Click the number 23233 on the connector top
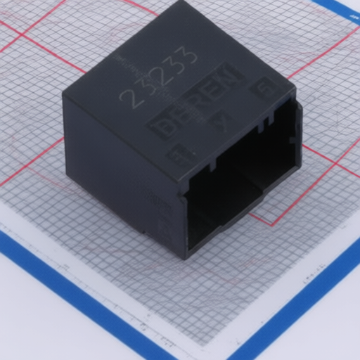point(158,77)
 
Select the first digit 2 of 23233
point(129,98)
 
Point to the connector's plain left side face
point(120,169)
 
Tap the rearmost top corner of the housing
point(184,4)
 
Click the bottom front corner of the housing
point(186,257)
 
